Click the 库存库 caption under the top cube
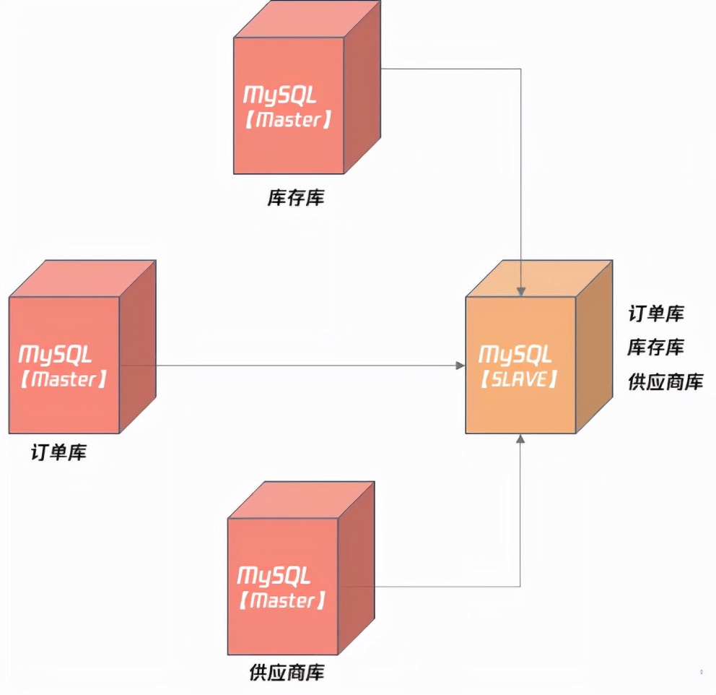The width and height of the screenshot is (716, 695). [296, 197]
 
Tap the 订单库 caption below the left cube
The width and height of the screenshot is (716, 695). [59, 453]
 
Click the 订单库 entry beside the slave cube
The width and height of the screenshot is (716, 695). [656, 314]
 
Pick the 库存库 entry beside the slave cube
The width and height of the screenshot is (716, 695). [656, 347]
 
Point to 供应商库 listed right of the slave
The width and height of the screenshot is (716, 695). [665, 382]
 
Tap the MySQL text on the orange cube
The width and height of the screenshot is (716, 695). [515, 355]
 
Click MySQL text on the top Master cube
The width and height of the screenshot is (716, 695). [280, 95]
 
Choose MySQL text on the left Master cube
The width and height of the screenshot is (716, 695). [56, 354]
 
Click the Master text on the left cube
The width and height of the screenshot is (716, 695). [64, 379]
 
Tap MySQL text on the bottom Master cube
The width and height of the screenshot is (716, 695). [274, 576]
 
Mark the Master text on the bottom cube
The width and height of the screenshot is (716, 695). [281, 600]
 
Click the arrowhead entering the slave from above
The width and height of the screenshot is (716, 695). [521, 292]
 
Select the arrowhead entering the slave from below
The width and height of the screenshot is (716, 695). [520, 439]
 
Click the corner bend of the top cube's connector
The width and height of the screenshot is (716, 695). [521, 69]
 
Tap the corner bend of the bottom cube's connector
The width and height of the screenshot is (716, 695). [520, 586]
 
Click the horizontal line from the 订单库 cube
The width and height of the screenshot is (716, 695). [289, 366]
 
